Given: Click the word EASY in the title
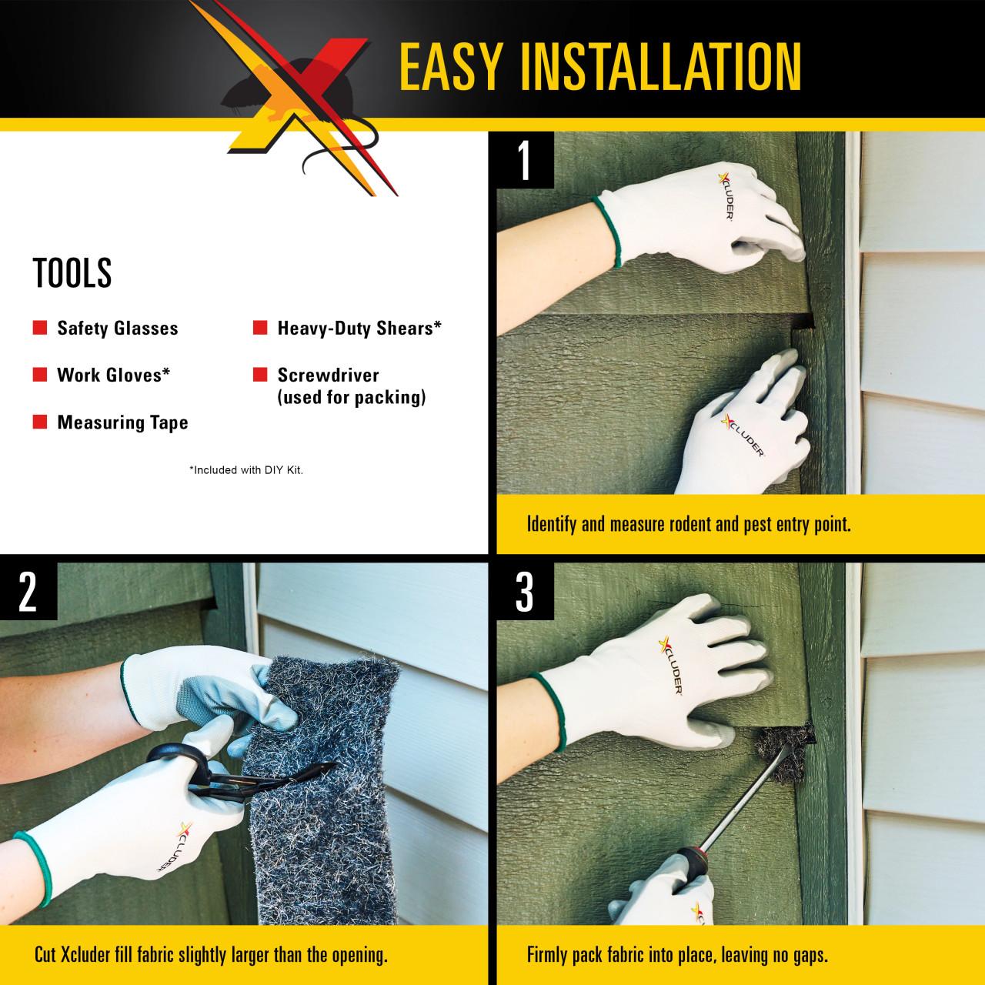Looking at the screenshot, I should click(x=451, y=67).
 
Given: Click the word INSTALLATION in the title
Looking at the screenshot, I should click(x=662, y=67).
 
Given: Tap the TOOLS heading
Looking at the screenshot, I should click(x=72, y=273).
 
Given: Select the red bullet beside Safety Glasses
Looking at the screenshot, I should click(x=40, y=328).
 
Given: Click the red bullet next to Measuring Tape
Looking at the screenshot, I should click(x=40, y=422).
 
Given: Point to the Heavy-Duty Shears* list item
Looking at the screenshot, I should click(x=359, y=329).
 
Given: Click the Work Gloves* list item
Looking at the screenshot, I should click(x=113, y=375).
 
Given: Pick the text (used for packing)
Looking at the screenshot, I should click(x=352, y=398).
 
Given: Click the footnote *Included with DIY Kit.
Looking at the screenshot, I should click(x=246, y=470).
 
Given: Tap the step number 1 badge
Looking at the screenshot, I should click(x=525, y=160).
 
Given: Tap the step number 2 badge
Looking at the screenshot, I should click(x=28, y=592).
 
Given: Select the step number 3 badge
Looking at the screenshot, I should click(x=525, y=592).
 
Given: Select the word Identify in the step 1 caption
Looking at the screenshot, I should click(x=551, y=525).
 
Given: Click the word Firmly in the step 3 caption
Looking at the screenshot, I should click(x=548, y=956).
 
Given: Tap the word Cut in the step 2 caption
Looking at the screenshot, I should click(x=45, y=956).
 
